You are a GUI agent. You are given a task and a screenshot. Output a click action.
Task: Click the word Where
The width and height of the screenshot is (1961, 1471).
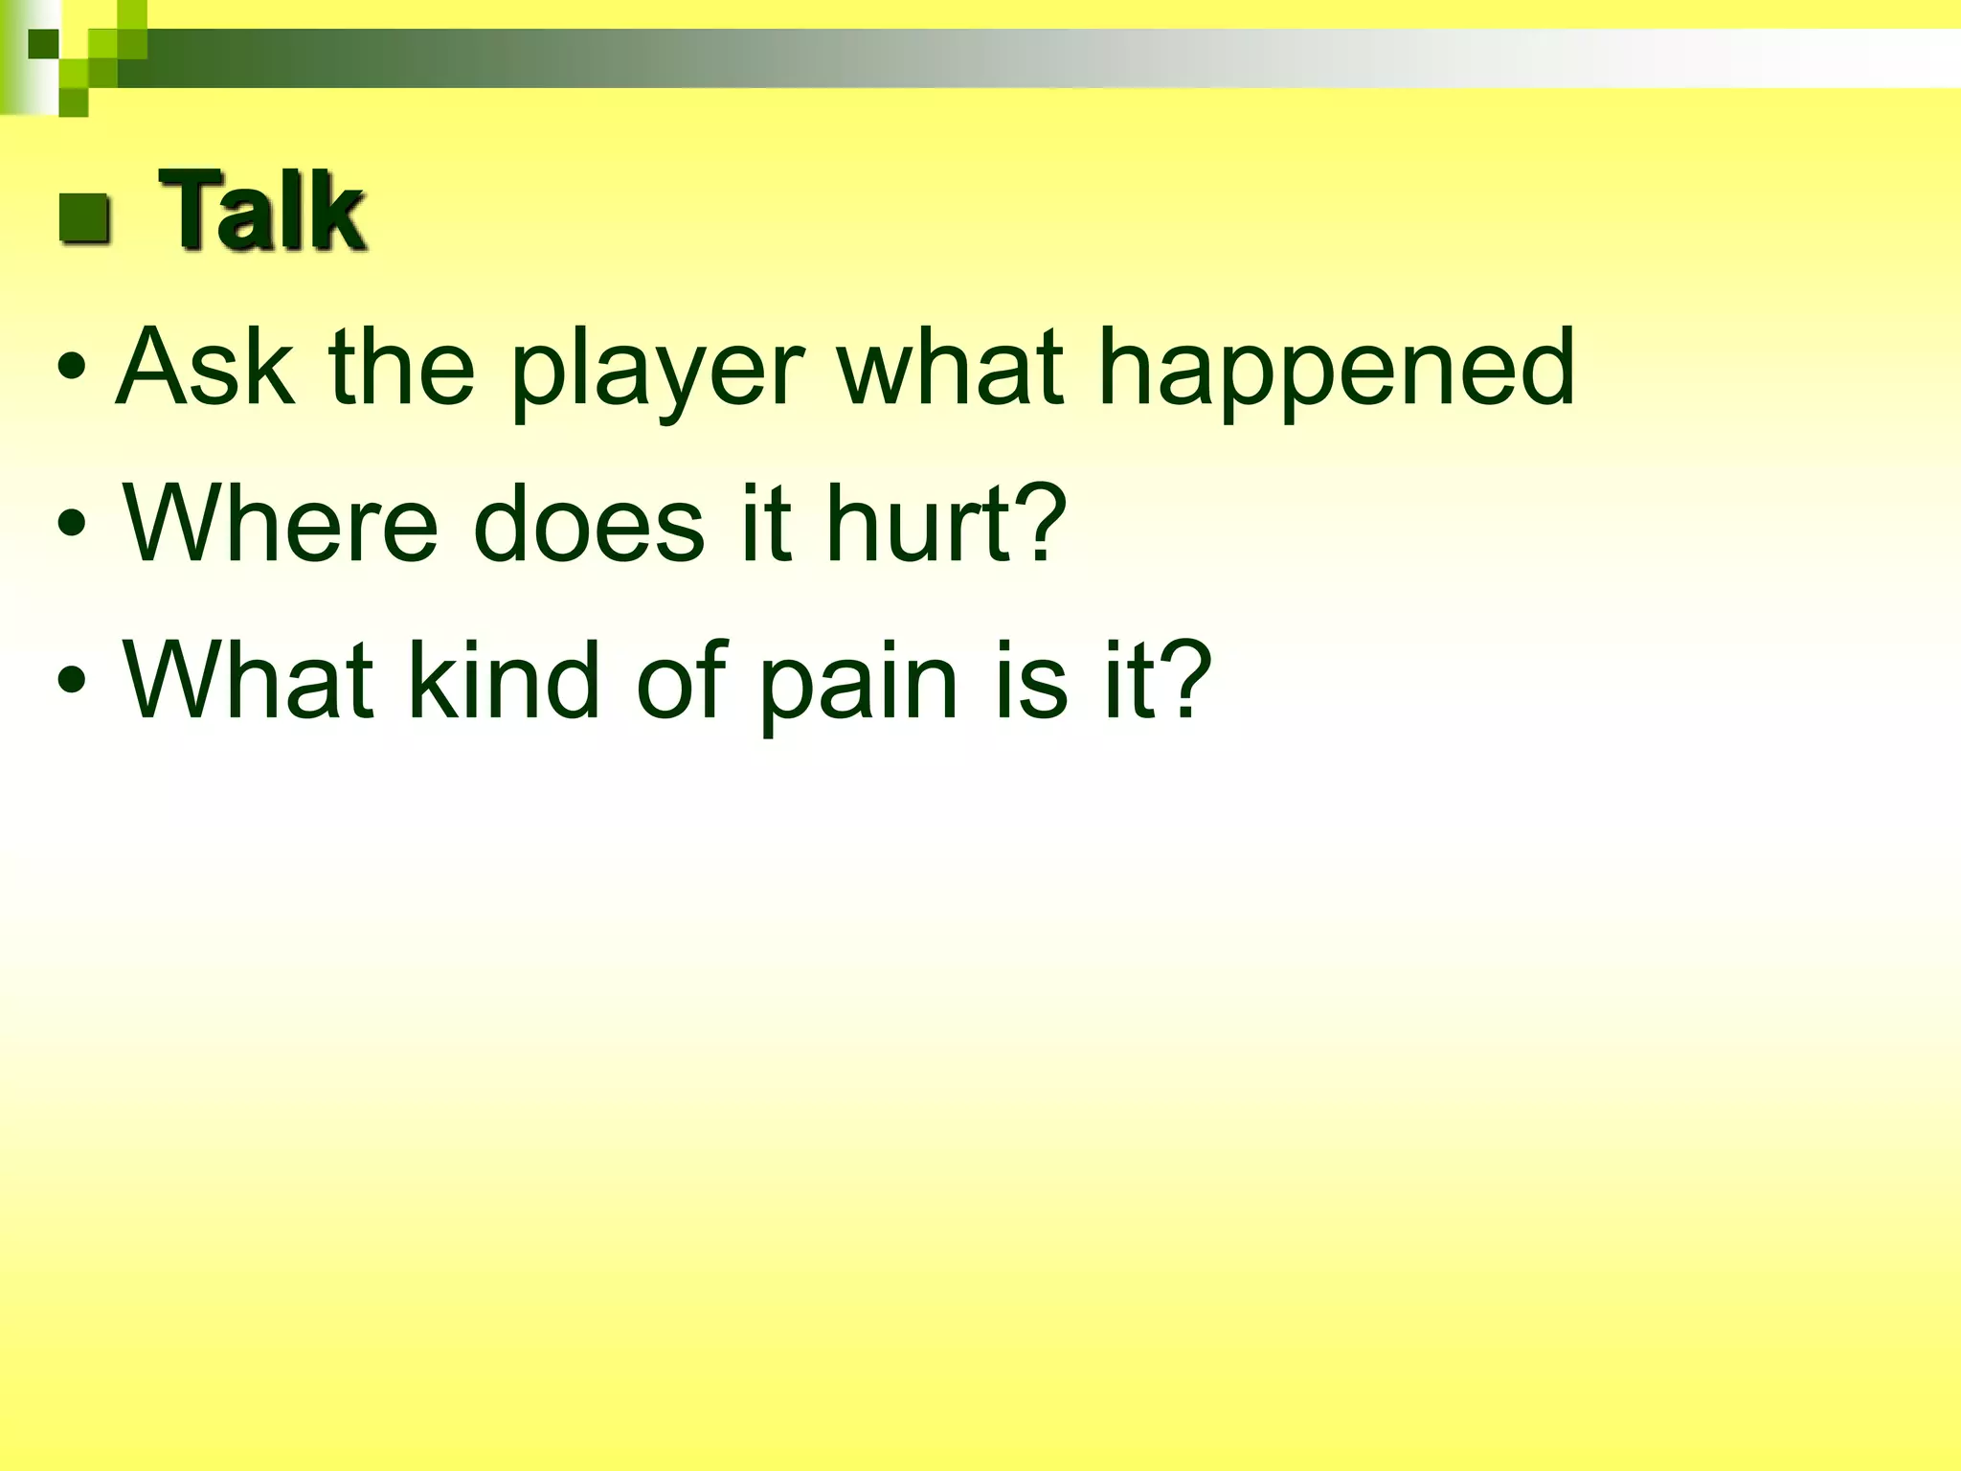pos(280,524)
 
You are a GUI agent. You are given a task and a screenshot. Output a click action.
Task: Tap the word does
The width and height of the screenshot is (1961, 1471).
pos(588,524)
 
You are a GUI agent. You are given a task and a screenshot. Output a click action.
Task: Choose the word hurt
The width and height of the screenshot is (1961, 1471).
pos(918,524)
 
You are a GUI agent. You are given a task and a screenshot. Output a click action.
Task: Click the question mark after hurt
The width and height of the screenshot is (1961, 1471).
pos(1040,522)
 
